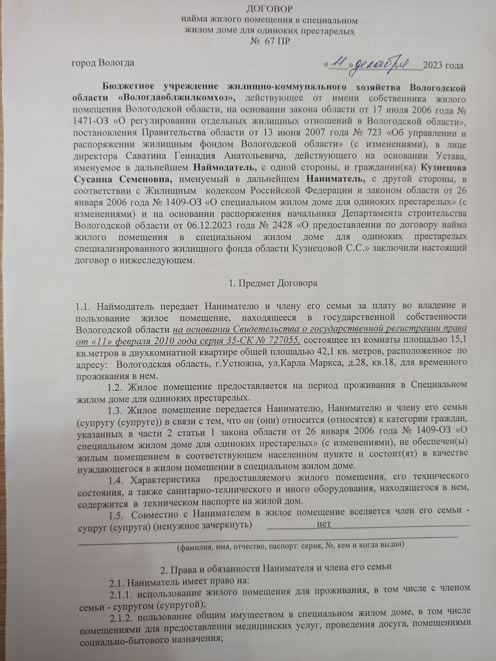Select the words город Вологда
[x=102, y=63]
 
